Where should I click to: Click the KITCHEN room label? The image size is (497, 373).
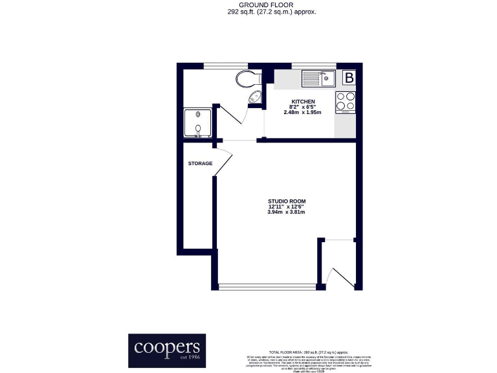(x=303, y=102)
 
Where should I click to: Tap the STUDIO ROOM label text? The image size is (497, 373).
(x=285, y=201)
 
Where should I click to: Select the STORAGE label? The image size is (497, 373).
(x=200, y=164)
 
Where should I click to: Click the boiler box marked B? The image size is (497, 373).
(x=349, y=78)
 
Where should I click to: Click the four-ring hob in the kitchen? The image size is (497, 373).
(x=346, y=102)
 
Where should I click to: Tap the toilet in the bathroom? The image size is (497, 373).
(x=246, y=79)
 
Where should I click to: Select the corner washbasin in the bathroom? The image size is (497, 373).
(x=255, y=98)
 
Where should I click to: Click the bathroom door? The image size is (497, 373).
(x=232, y=117)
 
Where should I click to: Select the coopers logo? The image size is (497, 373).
(x=166, y=350)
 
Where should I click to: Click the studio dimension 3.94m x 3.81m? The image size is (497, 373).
(x=285, y=212)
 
